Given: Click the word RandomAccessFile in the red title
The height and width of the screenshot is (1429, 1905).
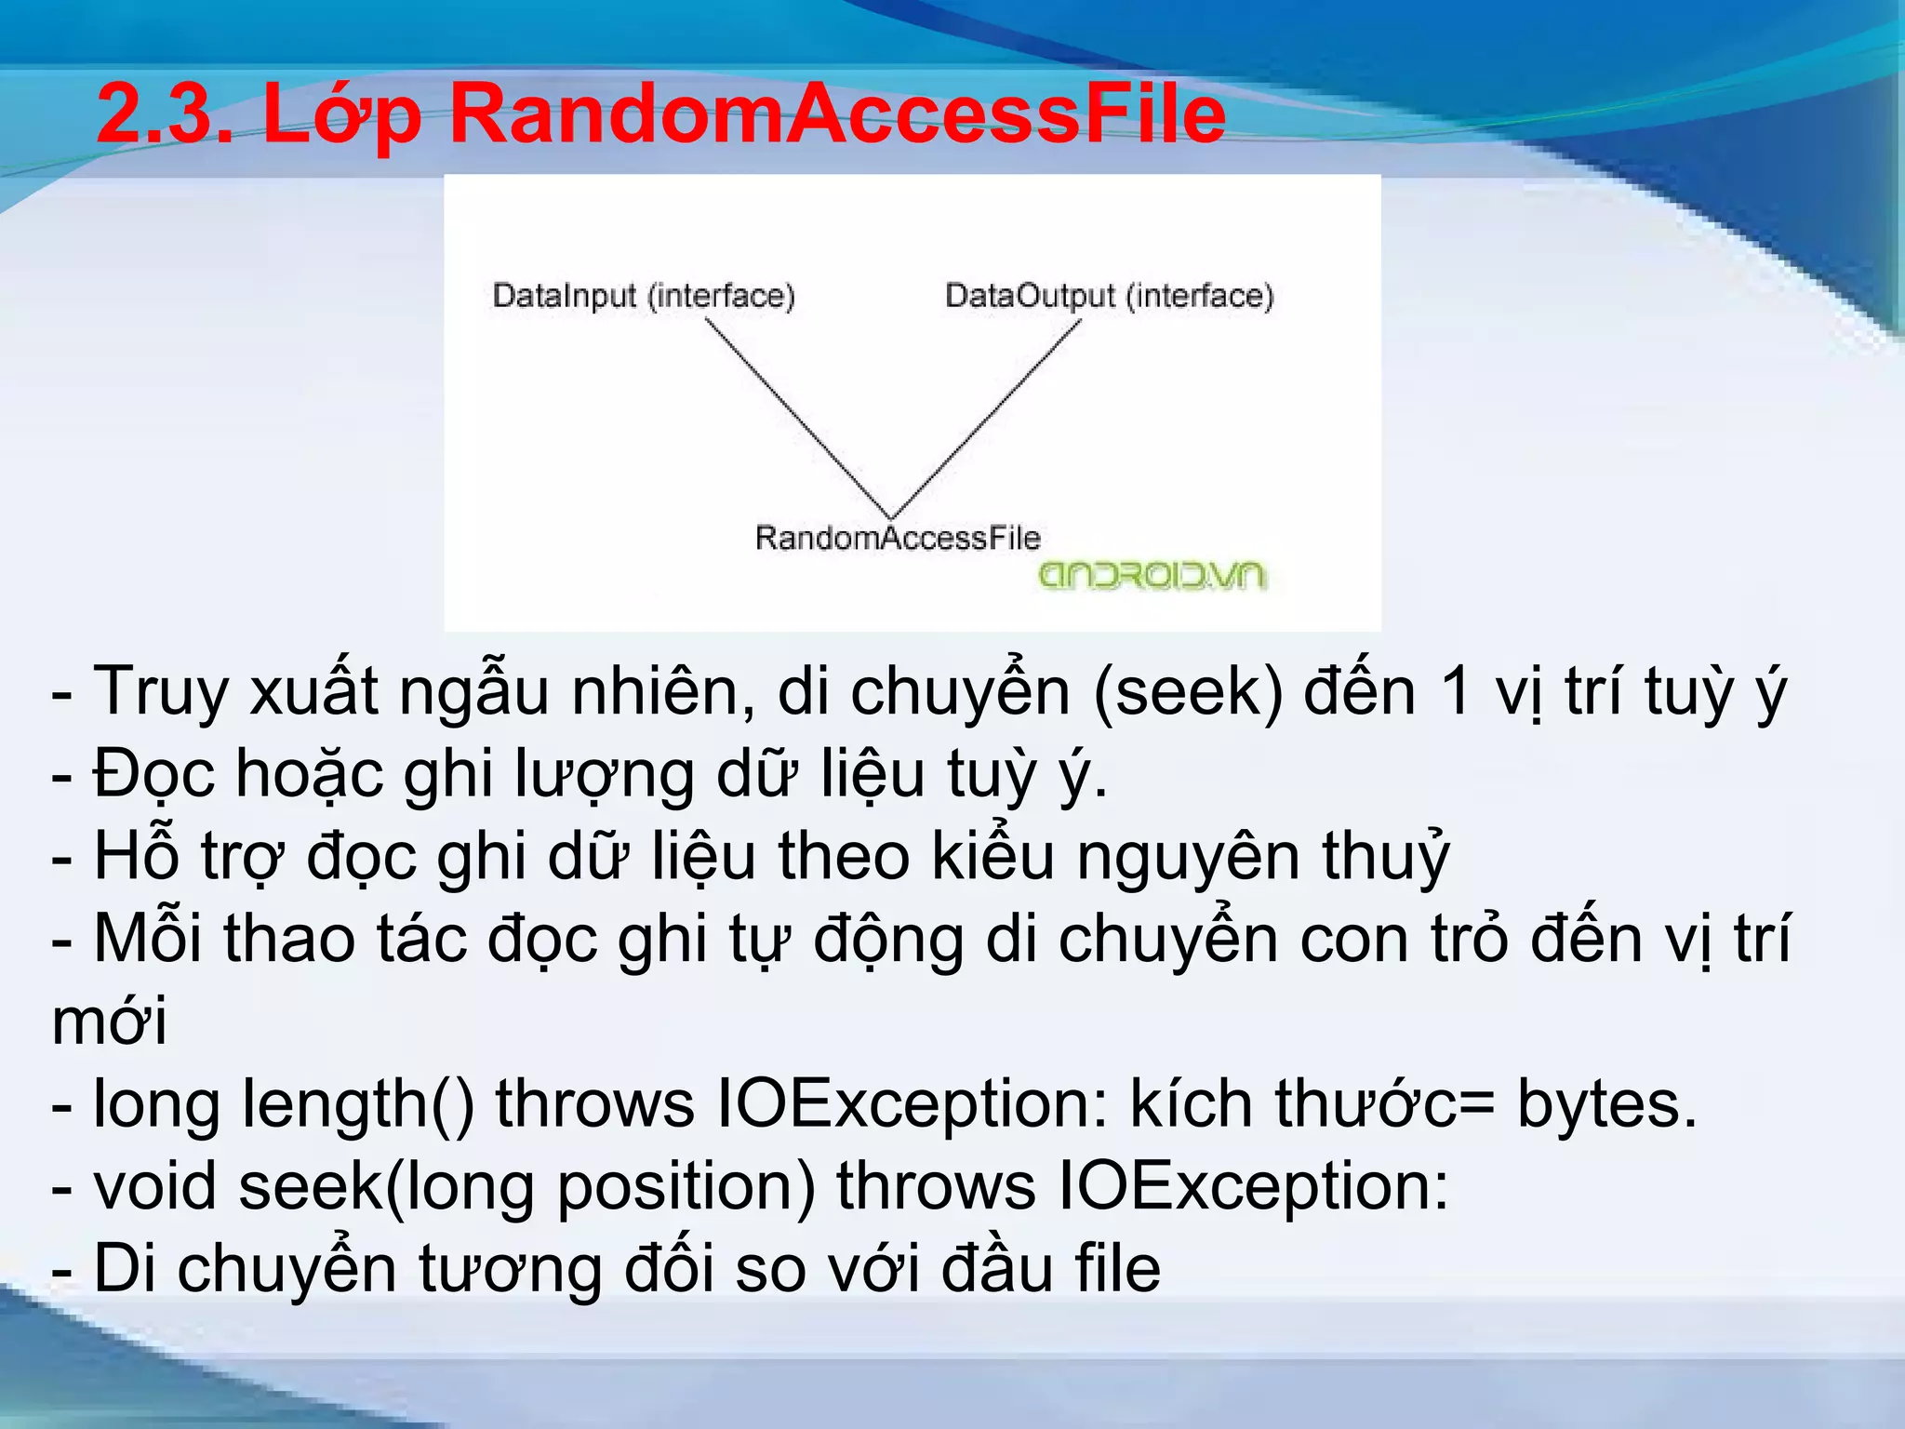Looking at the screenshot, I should click(x=837, y=114).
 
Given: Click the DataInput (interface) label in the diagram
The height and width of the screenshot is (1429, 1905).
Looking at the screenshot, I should click(x=644, y=296).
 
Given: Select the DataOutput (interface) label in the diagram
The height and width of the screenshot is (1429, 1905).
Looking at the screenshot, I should click(x=1109, y=296).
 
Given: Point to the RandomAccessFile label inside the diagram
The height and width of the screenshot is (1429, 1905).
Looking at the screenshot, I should click(x=897, y=538).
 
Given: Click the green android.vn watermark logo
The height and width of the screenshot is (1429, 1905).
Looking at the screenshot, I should click(x=1152, y=576).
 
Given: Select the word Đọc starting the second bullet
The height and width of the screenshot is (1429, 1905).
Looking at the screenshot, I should click(x=153, y=775).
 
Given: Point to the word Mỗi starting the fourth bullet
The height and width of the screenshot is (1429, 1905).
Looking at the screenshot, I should click(x=147, y=940).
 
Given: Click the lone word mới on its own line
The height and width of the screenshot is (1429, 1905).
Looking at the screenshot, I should click(x=110, y=1022).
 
